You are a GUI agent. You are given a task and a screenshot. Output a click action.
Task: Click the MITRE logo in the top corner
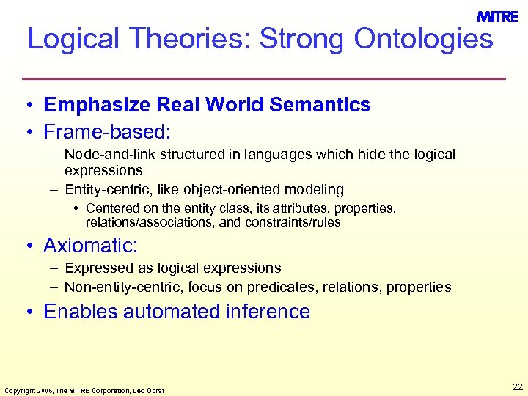click(497, 17)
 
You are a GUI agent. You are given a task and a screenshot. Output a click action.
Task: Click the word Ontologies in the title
click(423, 39)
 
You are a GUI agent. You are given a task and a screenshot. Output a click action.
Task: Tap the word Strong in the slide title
click(303, 39)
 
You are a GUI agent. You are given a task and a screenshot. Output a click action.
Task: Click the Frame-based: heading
click(107, 132)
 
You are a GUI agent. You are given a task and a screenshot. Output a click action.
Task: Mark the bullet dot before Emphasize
click(26, 106)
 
